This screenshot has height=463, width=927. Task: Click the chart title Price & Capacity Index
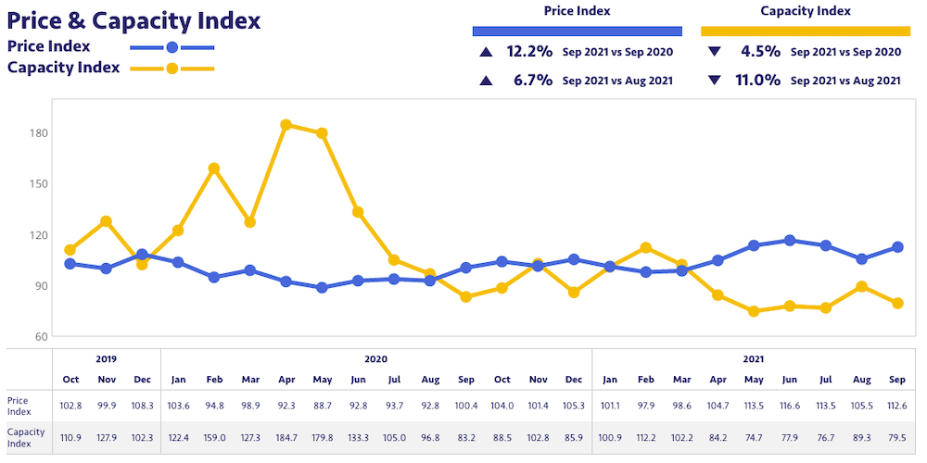(x=134, y=20)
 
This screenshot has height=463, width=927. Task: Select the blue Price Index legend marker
(x=171, y=47)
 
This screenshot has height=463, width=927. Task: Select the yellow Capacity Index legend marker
(x=171, y=69)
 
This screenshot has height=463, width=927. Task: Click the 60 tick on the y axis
(x=41, y=336)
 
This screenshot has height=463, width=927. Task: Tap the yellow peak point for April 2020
(x=286, y=125)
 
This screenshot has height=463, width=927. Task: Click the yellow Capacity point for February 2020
(x=214, y=169)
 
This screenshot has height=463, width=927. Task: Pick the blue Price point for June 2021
(x=790, y=241)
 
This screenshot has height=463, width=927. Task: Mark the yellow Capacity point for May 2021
(x=754, y=311)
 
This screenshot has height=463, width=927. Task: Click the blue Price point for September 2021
(x=897, y=247)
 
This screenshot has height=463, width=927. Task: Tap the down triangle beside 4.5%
(x=714, y=52)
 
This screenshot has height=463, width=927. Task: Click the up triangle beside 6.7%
(x=486, y=81)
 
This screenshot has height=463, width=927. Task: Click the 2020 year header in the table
(x=376, y=359)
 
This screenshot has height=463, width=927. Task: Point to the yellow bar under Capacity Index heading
(x=805, y=31)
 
